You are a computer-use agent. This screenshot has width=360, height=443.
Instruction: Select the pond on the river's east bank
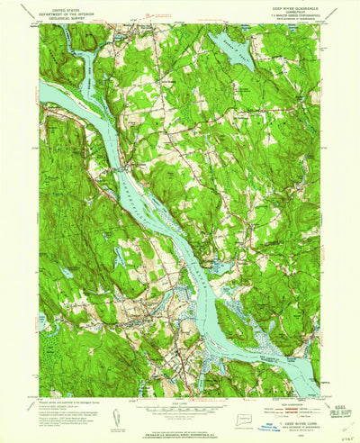point(216,267)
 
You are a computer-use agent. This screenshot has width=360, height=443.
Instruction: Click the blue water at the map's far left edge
point(44,91)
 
